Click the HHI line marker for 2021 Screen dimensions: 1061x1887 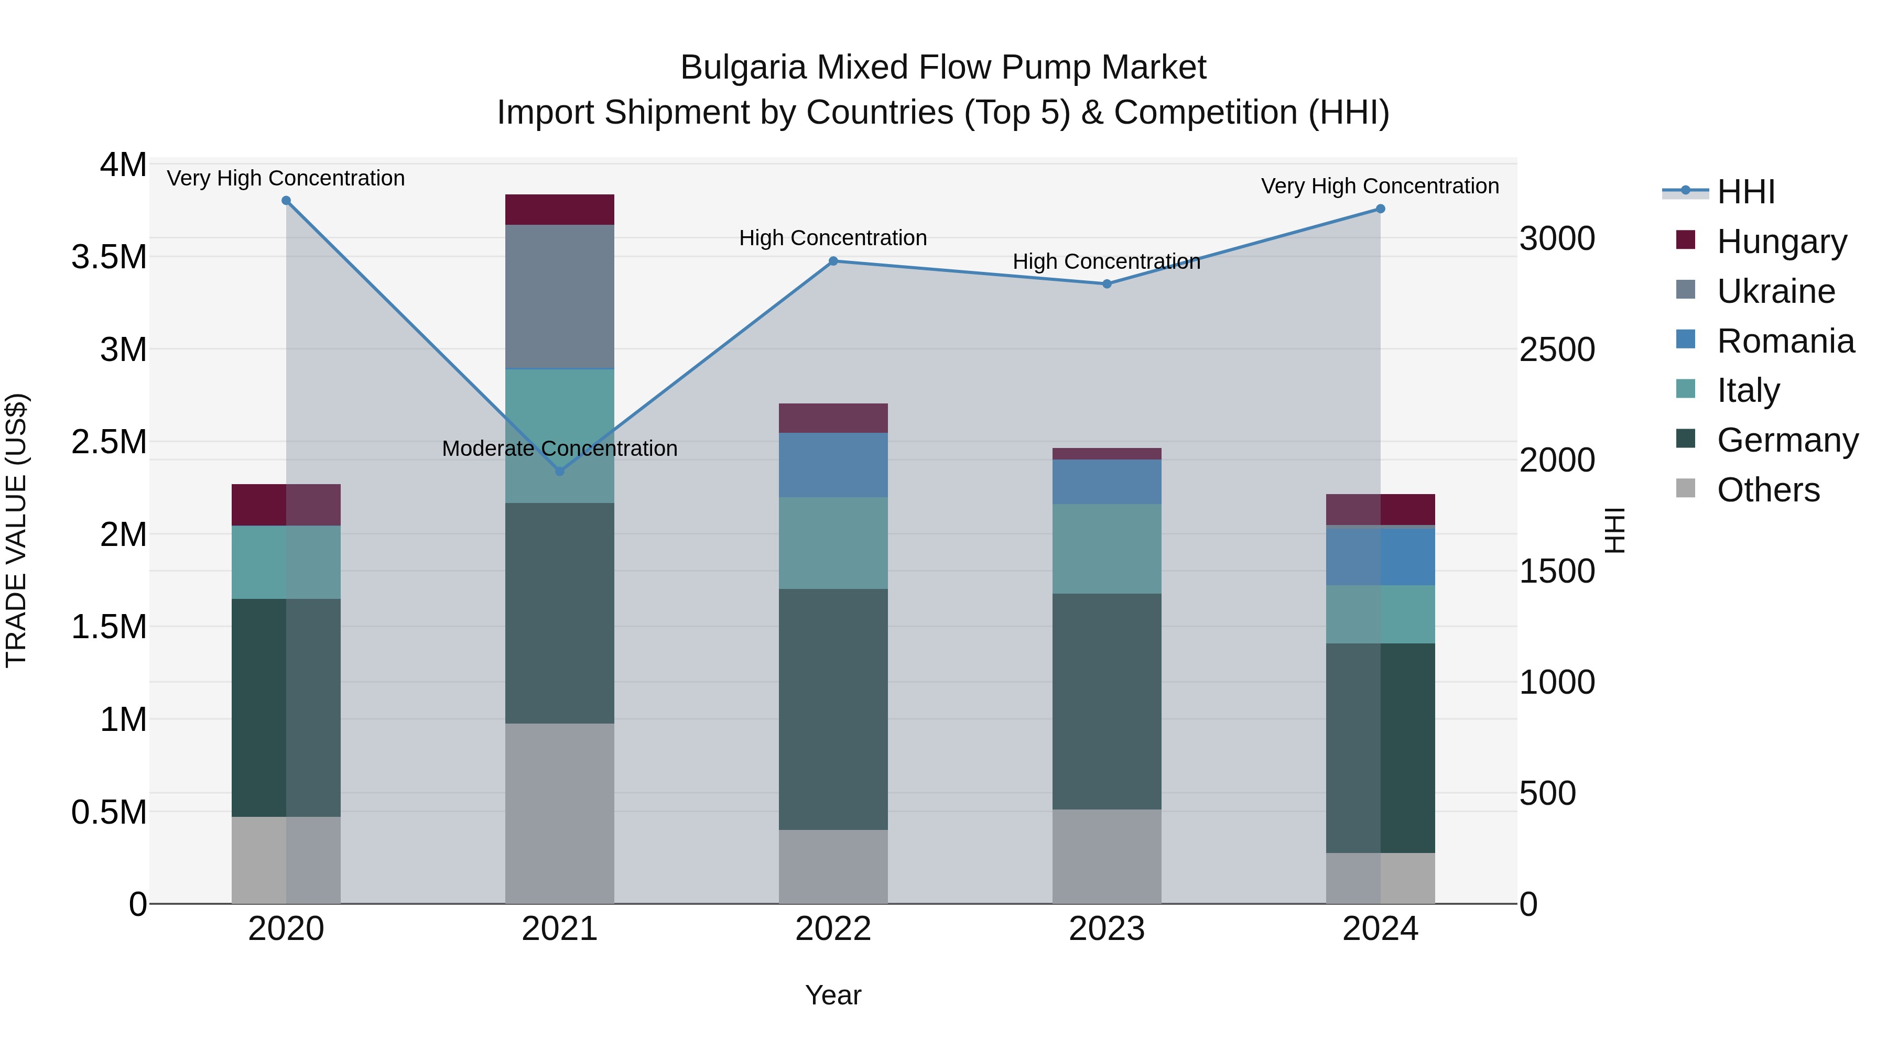(x=560, y=471)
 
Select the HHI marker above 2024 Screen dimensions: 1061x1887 (x=1380, y=209)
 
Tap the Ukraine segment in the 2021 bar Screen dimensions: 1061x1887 (x=560, y=296)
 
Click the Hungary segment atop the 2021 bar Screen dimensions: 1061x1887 (x=560, y=210)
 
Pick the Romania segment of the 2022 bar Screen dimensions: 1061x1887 (x=833, y=465)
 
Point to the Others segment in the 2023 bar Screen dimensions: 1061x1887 (x=1107, y=856)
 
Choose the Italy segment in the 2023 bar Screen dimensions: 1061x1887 (x=1107, y=549)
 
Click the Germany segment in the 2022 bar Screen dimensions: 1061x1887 (x=833, y=709)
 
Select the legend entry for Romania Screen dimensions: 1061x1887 (x=1785, y=341)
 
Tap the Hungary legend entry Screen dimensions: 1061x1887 (x=1782, y=242)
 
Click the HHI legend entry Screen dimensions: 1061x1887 (x=1745, y=192)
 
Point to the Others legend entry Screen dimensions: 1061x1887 (x=1767, y=490)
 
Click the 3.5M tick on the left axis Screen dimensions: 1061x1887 (x=109, y=257)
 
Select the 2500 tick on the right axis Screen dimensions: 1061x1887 (x=1557, y=349)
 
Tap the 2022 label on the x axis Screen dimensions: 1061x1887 (x=833, y=928)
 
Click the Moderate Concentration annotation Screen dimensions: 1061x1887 (x=560, y=448)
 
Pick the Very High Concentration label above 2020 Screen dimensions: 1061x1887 (x=286, y=178)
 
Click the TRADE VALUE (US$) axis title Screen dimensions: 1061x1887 (x=16, y=530)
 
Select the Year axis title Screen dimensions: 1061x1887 (x=833, y=995)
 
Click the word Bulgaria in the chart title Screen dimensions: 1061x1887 (x=743, y=68)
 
